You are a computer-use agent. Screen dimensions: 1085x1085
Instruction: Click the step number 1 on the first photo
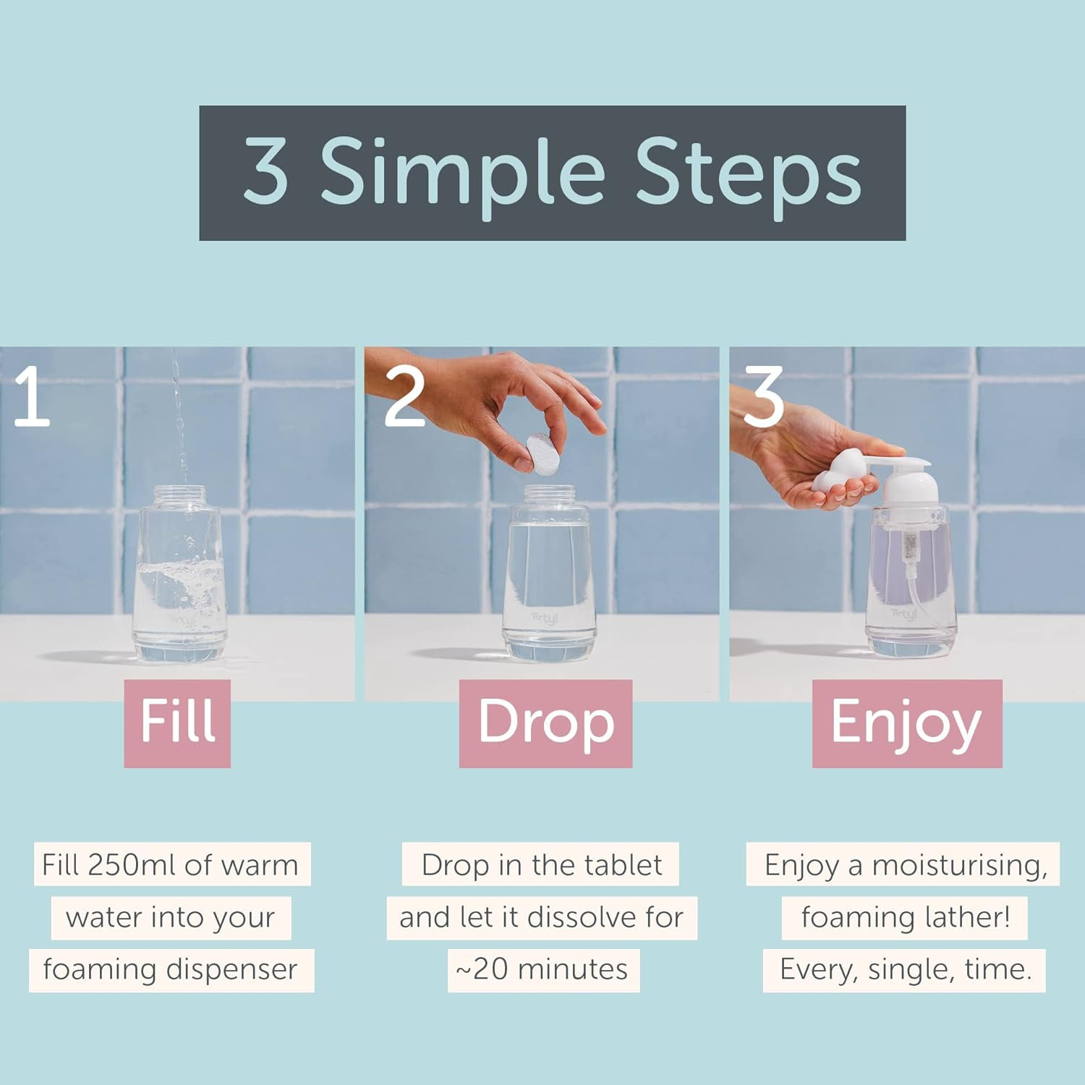click(x=31, y=396)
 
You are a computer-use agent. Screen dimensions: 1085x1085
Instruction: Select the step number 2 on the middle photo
click(x=404, y=396)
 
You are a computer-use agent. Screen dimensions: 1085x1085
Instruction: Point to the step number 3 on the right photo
click(x=763, y=396)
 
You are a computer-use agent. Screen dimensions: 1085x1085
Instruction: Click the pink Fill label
click(x=177, y=722)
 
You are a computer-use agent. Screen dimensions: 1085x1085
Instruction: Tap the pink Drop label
click(x=545, y=722)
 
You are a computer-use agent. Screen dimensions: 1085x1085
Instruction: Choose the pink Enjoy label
click(x=906, y=722)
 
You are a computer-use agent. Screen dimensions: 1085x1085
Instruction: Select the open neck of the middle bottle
click(x=550, y=496)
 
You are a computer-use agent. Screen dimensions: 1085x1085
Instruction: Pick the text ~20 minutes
click(x=542, y=969)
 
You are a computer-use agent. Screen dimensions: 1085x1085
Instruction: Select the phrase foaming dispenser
click(x=171, y=969)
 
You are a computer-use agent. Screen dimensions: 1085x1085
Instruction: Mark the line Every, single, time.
click(x=905, y=969)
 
